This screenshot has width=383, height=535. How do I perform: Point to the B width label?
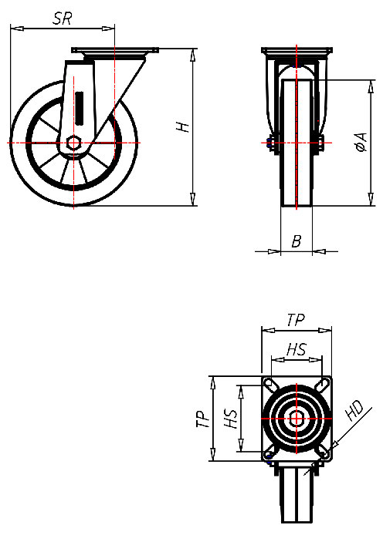296,241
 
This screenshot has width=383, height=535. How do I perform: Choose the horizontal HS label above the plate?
296,351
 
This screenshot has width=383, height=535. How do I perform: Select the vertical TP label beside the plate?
202,419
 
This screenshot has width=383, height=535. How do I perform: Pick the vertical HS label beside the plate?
229,419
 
